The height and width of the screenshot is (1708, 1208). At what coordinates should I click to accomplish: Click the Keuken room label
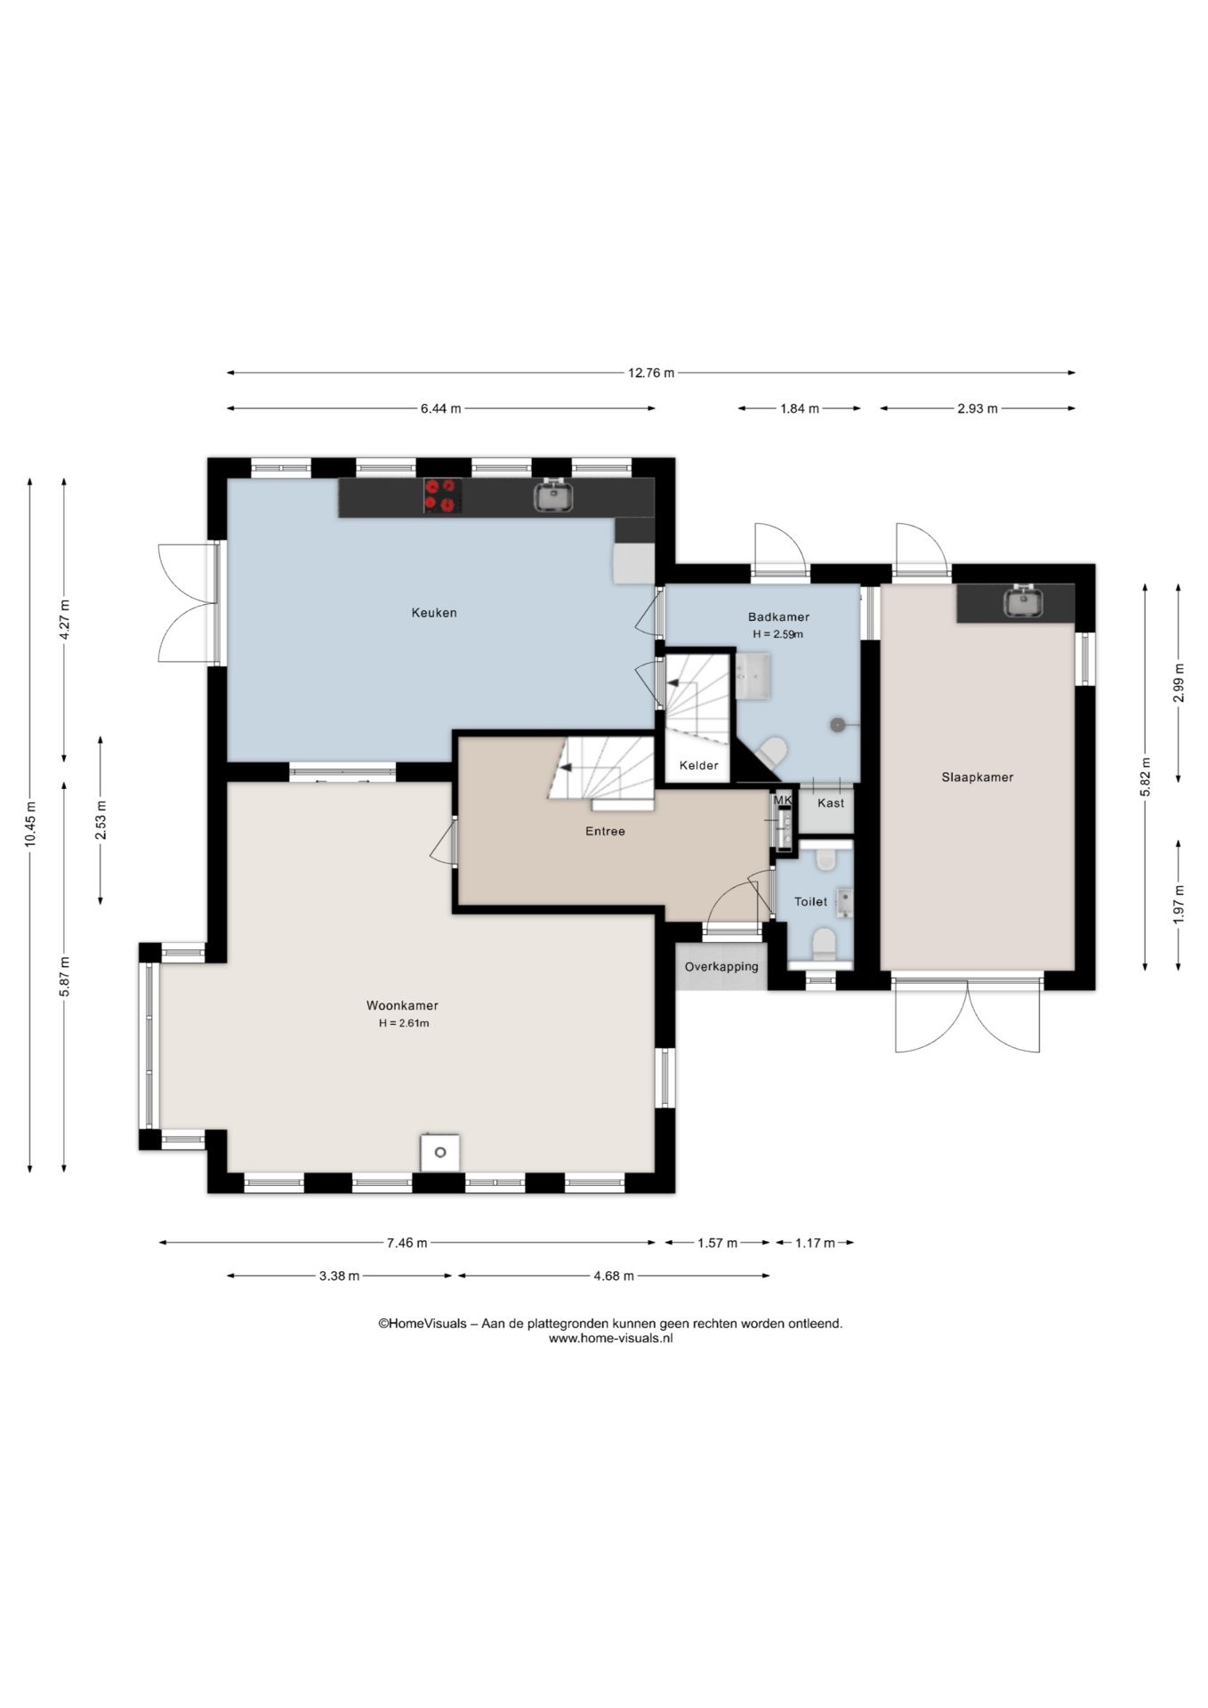click(x=434, y=613)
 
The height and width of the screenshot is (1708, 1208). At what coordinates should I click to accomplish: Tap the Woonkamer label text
click(x=402, y=1006)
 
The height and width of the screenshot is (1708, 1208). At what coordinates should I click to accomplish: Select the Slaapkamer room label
click(x=978, y=777)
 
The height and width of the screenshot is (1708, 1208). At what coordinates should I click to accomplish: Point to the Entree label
click(x=605, y=832)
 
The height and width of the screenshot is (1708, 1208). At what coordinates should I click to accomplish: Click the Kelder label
click(x=698, y=766)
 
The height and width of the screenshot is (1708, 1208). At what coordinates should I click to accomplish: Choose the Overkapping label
click(x=721, y=967)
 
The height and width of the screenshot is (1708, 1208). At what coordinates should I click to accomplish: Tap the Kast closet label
click(x=831, y=803)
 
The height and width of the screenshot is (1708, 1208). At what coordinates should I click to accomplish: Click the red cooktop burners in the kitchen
click(x=442, y=495)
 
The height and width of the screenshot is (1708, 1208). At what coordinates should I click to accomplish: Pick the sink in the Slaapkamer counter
click(x=1024, y=601)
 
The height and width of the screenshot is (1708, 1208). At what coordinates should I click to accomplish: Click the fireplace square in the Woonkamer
click(x=439, y=1153)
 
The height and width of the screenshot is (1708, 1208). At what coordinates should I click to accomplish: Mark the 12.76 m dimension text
click(x=651, y=374)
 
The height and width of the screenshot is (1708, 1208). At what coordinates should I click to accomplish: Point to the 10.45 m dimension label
click(x=30, y=825)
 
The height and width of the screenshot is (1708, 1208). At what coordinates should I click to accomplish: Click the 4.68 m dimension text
click(x=614, y=1277)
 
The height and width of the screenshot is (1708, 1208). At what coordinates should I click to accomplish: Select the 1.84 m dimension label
click(x=800, y=409)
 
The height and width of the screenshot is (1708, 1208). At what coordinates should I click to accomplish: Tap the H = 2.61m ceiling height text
click(x=404, y=1024)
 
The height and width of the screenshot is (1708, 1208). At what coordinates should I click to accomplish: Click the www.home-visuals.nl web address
click(x=610, y=1338)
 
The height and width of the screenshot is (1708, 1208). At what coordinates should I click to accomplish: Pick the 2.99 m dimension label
click(x=1179, y=683)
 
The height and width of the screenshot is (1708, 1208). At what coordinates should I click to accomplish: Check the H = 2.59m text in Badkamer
click(x=778, y=635)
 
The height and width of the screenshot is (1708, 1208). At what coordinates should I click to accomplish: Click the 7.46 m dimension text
click(x=407, y=1244)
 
